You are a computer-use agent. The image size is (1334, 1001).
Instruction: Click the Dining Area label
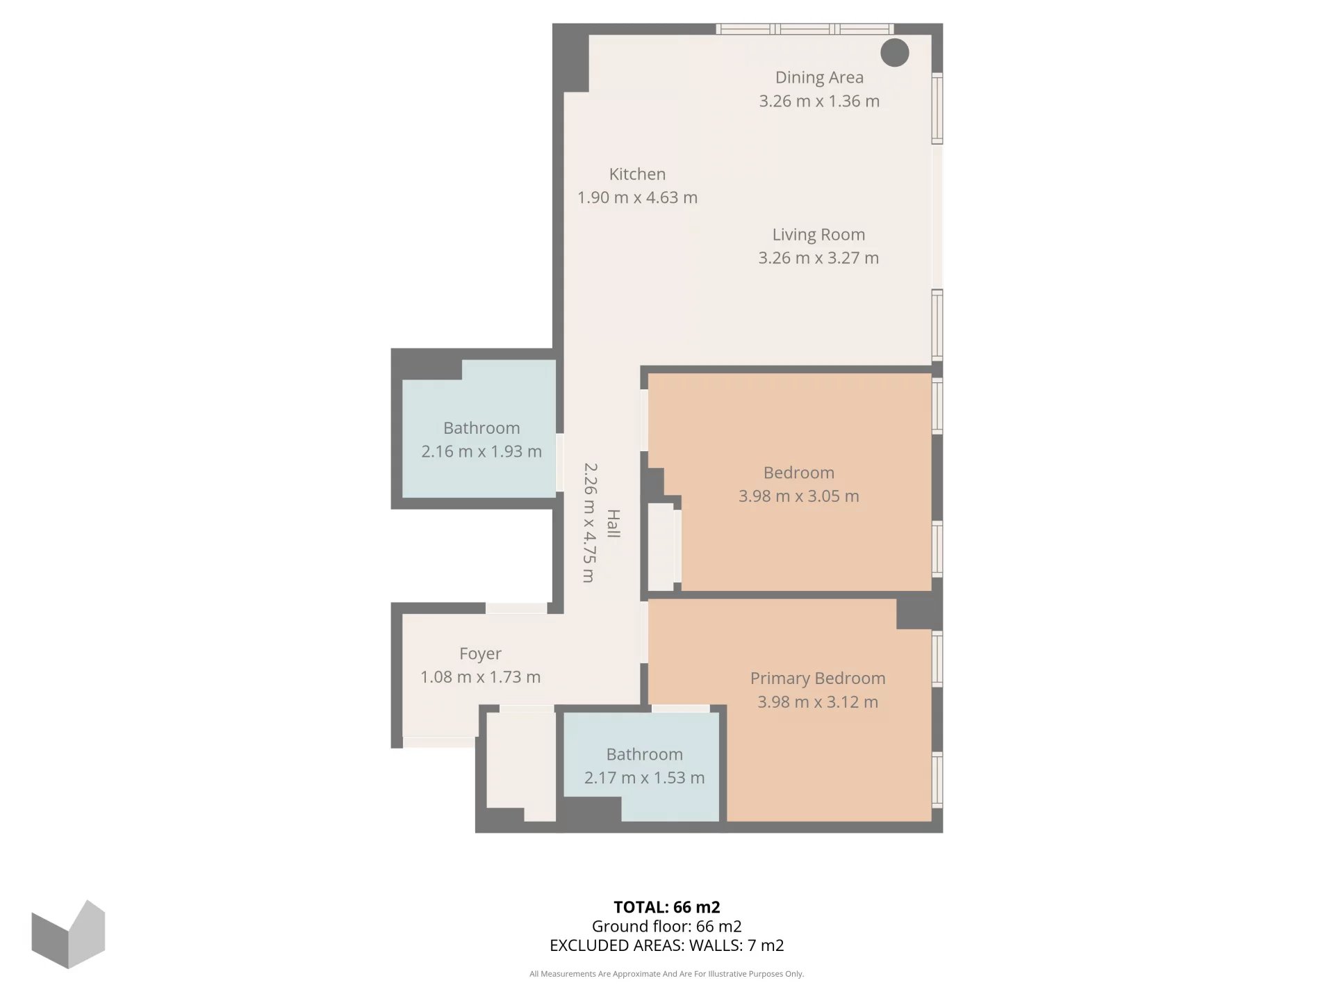[x=819, y=78]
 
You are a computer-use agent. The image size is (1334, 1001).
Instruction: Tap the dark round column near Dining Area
[x=895, y=53]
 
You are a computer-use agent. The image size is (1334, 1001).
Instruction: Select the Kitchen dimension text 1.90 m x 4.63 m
[x=637, y=197]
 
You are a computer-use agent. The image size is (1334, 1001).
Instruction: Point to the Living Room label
[x=818, y=235]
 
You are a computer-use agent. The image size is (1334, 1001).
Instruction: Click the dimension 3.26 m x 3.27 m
[x=818, y=258]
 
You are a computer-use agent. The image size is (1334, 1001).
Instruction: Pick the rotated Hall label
[x=614, y=523]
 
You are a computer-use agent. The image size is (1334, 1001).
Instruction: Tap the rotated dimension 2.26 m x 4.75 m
[x=589, y=523]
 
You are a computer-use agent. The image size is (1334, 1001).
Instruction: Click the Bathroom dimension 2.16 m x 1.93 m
[x=481, y=452]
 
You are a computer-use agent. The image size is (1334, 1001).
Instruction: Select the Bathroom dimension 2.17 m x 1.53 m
[x=644, y=778]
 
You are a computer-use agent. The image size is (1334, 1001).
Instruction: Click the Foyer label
[x=480, y=654]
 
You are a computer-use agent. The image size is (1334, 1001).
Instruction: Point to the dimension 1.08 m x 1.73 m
[x=480, y=677]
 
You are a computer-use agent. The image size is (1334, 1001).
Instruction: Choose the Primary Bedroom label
[x=818, y=679]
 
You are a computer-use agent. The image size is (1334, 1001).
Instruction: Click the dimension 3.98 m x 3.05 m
[x=798, y=496]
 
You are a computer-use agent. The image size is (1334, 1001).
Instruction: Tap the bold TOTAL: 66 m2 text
[x=667, y=907]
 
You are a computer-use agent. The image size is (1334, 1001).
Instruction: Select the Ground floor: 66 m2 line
[x=667, y=927]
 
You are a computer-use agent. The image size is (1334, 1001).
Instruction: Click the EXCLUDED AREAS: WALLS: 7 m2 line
[x=667, y=945]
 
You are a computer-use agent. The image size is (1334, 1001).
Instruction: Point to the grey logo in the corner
[x=68, y=934]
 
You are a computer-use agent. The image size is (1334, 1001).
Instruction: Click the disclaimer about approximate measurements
[x=667, y=974]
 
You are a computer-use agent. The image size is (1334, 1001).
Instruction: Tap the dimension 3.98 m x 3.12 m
[x=818, y=702]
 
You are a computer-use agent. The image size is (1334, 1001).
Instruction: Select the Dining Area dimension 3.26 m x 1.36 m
[x=819, y=101]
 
